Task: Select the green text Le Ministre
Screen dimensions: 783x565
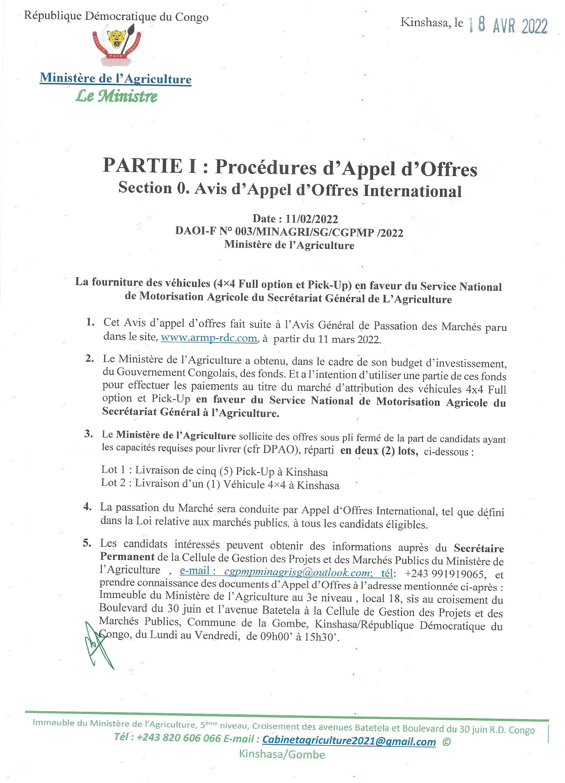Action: tap(116, 96)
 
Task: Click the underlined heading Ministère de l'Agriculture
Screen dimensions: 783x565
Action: tap(116, 79)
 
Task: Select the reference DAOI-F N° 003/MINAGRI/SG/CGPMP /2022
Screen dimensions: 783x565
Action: tap(289, 232)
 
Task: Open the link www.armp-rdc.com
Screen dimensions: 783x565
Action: tap(209, 338)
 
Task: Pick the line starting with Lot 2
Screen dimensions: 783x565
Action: tap(220, 485)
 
